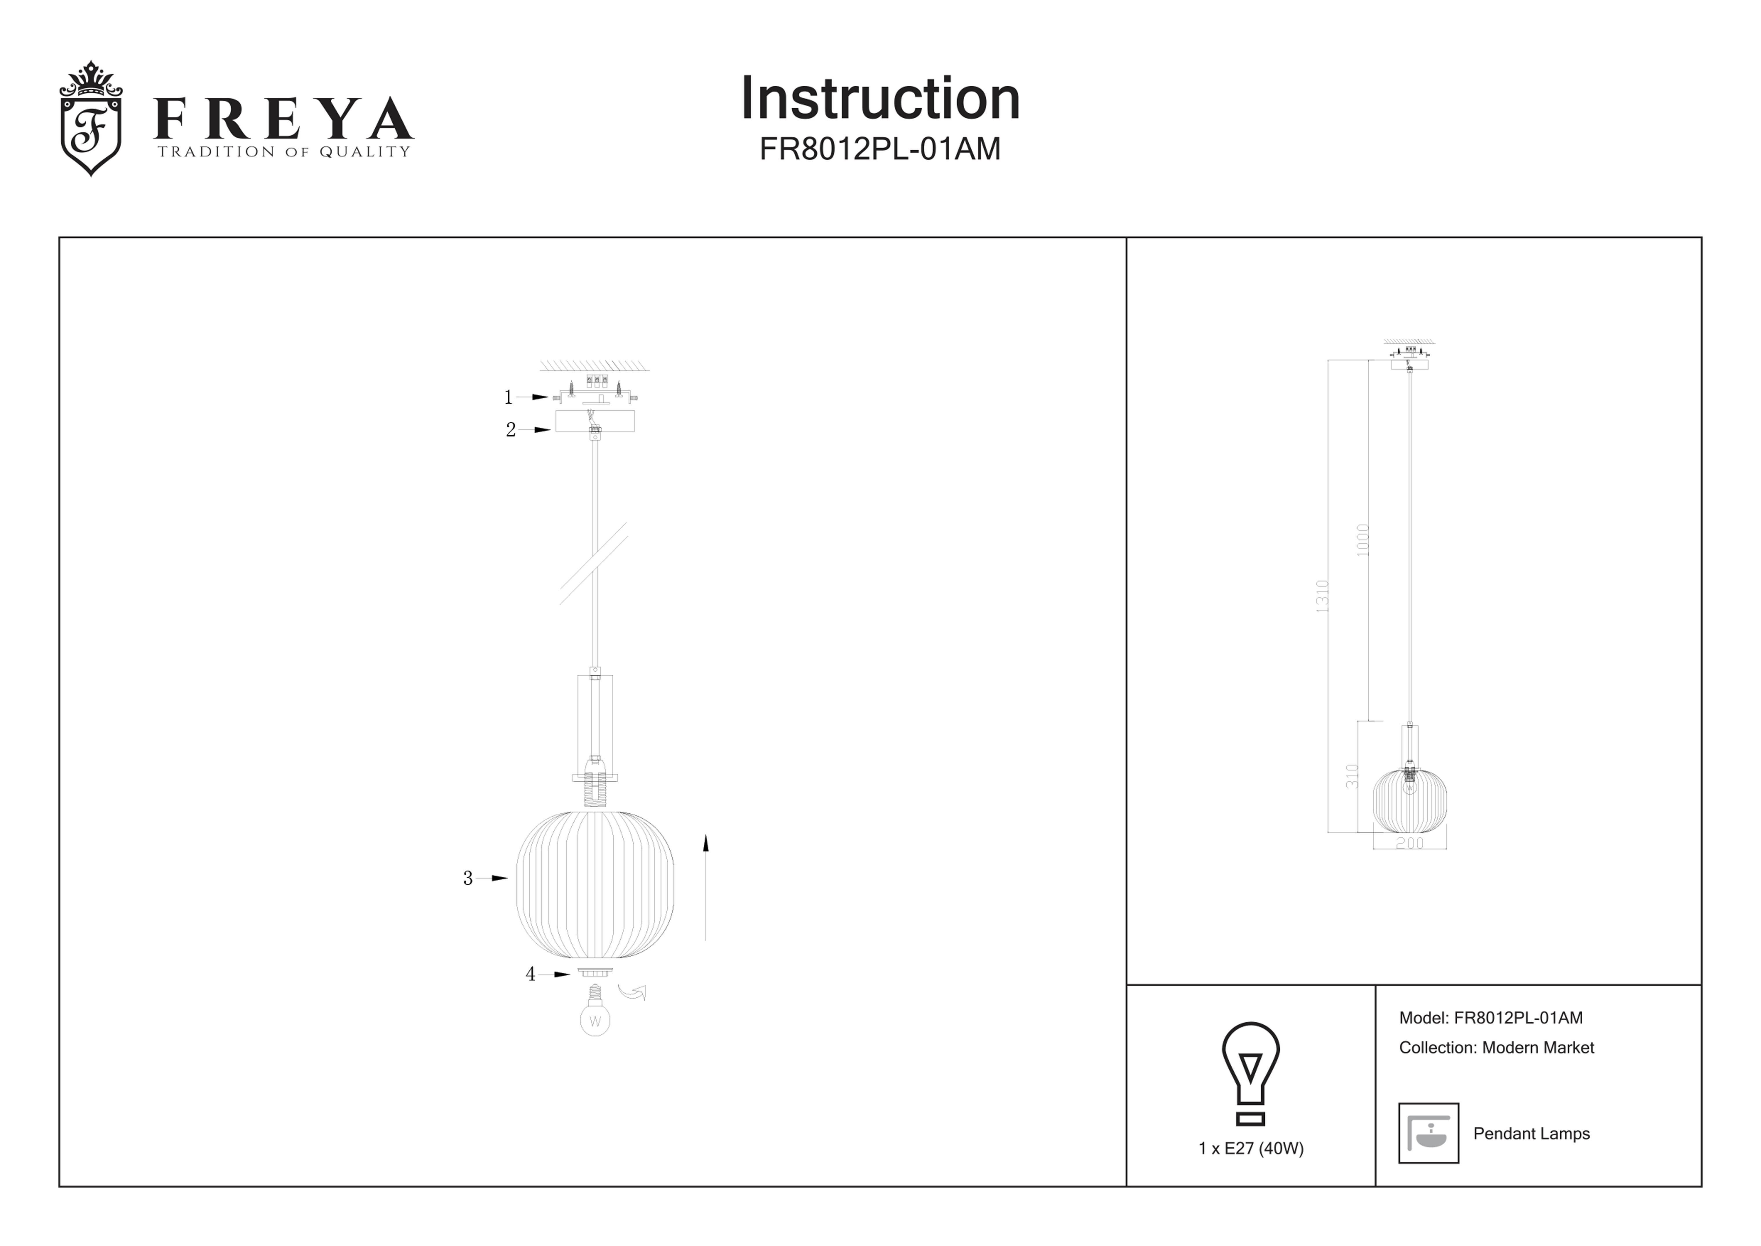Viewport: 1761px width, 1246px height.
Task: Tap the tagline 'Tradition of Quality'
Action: [284, 152]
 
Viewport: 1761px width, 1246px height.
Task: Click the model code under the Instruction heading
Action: [880, 149]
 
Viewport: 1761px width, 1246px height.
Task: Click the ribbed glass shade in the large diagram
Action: [595, 885]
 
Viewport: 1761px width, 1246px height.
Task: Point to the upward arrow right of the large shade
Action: [706, 888]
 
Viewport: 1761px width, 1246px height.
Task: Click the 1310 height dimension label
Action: [1321, 596]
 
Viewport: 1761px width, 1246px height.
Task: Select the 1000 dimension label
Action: [1362, 540]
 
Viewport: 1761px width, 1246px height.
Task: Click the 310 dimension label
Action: [1352, 776]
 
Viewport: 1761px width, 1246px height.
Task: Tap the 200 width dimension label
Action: [1410, 843]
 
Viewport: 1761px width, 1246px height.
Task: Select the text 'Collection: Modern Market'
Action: [1496, 1048]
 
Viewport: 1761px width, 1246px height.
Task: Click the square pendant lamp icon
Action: [1428, 1133]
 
